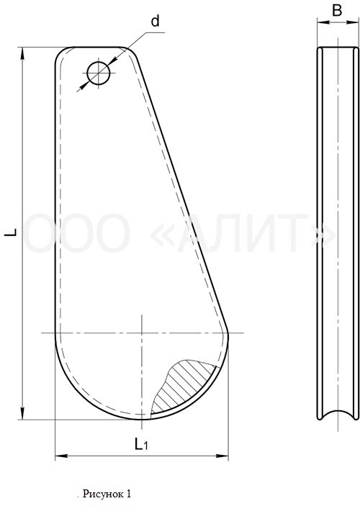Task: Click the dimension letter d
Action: coord(155,22)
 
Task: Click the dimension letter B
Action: coord(337,10)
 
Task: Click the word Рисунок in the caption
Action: coord(102,494)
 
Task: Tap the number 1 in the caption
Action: coord(128,494)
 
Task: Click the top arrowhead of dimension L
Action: coord(22,53)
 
